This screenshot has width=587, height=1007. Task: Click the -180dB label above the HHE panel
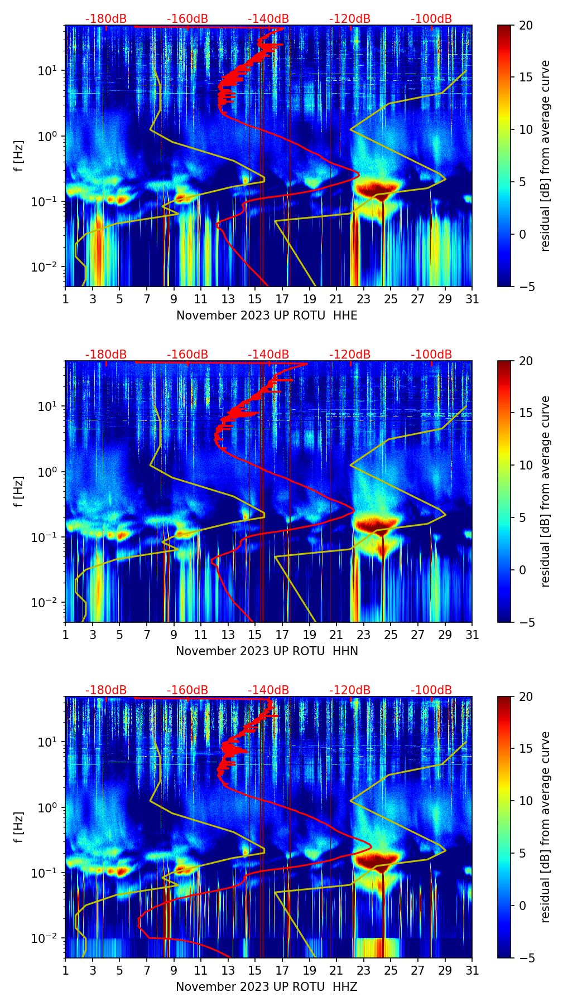pyautogui.click(x=106, y=19)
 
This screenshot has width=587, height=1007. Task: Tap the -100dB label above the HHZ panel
pyautogui.click(x=431, y=690)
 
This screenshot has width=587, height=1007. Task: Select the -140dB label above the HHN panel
pyautogui.click(x=268, y=355)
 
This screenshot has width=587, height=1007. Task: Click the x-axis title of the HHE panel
pyautogui.click(x=267, y=316)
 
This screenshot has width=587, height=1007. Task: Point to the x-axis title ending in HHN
pyautogui.click(x=267, y=651)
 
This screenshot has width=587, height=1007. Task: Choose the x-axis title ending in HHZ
pyautogui.click(x=267, y=987)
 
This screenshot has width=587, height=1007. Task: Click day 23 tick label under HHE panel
pyautogui.click(x=364, y=299)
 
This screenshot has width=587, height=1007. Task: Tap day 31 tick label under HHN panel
pyautogui.click(x=472, y=635)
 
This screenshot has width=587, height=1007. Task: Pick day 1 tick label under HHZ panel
pyautogui.click(x=66, y=971)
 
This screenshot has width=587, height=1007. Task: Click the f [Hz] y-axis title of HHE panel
pyautogui.click(x=19, y=156)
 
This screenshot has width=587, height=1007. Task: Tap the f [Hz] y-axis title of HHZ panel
pyautogui.click(x=19, y=827)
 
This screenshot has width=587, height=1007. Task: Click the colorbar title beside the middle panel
pyautogui.click(x=546, y=491)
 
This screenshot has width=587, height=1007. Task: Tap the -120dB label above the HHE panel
pyautogui.click(x=350, y=19)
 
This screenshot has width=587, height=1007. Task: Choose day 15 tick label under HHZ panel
pyautogui.click(x=255, y=971)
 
